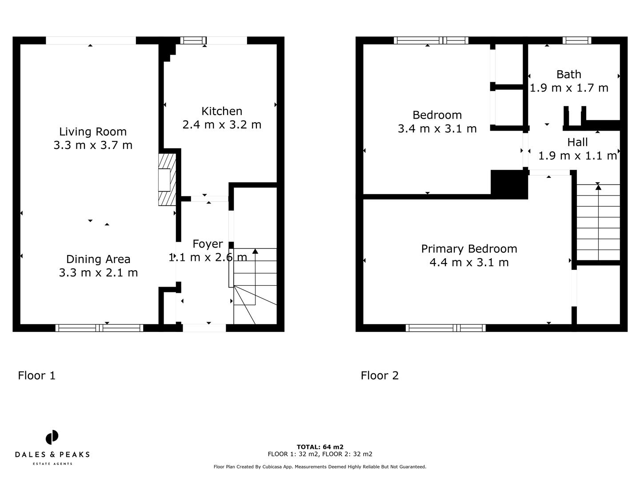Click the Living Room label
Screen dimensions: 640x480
pyautogui.click(x=93, y=132)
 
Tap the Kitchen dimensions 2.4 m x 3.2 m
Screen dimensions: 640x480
pyautogui.click(x=222, y=125)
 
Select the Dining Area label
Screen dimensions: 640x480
pyautogui.click(x=98, y=259)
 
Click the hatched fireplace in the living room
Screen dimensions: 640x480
pyautogui.click(x=167, y=180)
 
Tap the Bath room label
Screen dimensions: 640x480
pyautogui.click(x=568, y=75)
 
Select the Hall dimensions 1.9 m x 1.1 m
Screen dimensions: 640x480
pyautogui.click(x=578, y=156)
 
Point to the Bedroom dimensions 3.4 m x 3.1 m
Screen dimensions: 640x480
pyautogui.click(x=437, y=129)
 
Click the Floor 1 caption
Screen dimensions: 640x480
pyautogui.click(x=37, y=376)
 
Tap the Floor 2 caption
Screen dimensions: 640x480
pyautogui.click(x=380, y=376)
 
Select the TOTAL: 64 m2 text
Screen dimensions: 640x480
pyautogui.click(x=320, y=447)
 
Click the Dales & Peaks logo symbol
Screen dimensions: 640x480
pyautogui.click(x=52, y=437)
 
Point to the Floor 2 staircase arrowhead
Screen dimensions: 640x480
pyautogui.click(x=598, y=187)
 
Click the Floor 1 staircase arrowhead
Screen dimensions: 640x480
pyautogui.click(x=255, y=251)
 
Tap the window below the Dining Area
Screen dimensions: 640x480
pyautogui.click(x=99, y=328)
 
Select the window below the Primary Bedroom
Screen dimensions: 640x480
pyautogui.click(x=445, y=328)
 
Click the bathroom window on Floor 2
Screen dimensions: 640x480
pyautogui.click(x=577, y=40)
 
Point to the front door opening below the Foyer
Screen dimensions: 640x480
pyautogui.click(x=204, y=328)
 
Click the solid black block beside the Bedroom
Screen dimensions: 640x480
pyautogui.click(x=509, y=184)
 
